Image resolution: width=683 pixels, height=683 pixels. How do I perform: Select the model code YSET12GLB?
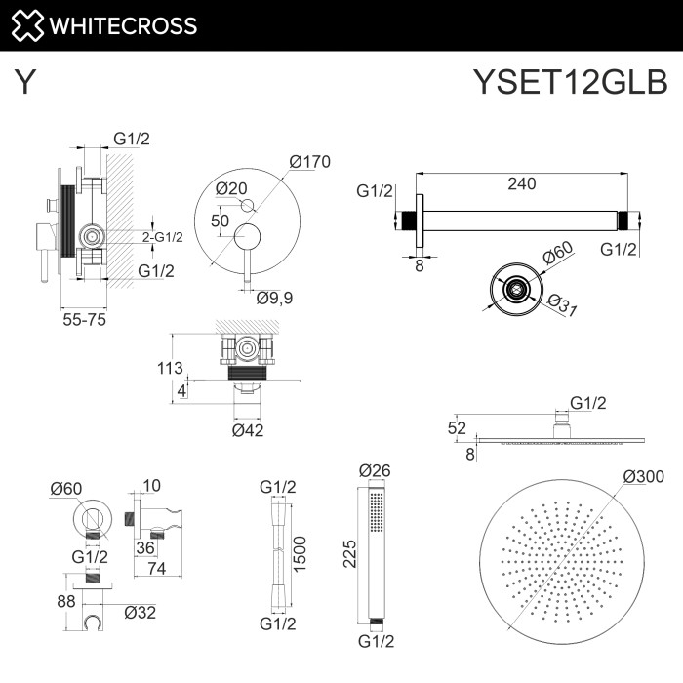(570, 82)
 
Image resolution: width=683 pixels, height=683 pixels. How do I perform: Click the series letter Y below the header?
(26, 82)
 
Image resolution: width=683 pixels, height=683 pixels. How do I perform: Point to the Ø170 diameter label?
(311, 162)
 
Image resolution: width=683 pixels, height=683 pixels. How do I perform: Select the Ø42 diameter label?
(249, 430)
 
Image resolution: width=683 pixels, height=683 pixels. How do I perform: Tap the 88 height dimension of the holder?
(65, 603)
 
